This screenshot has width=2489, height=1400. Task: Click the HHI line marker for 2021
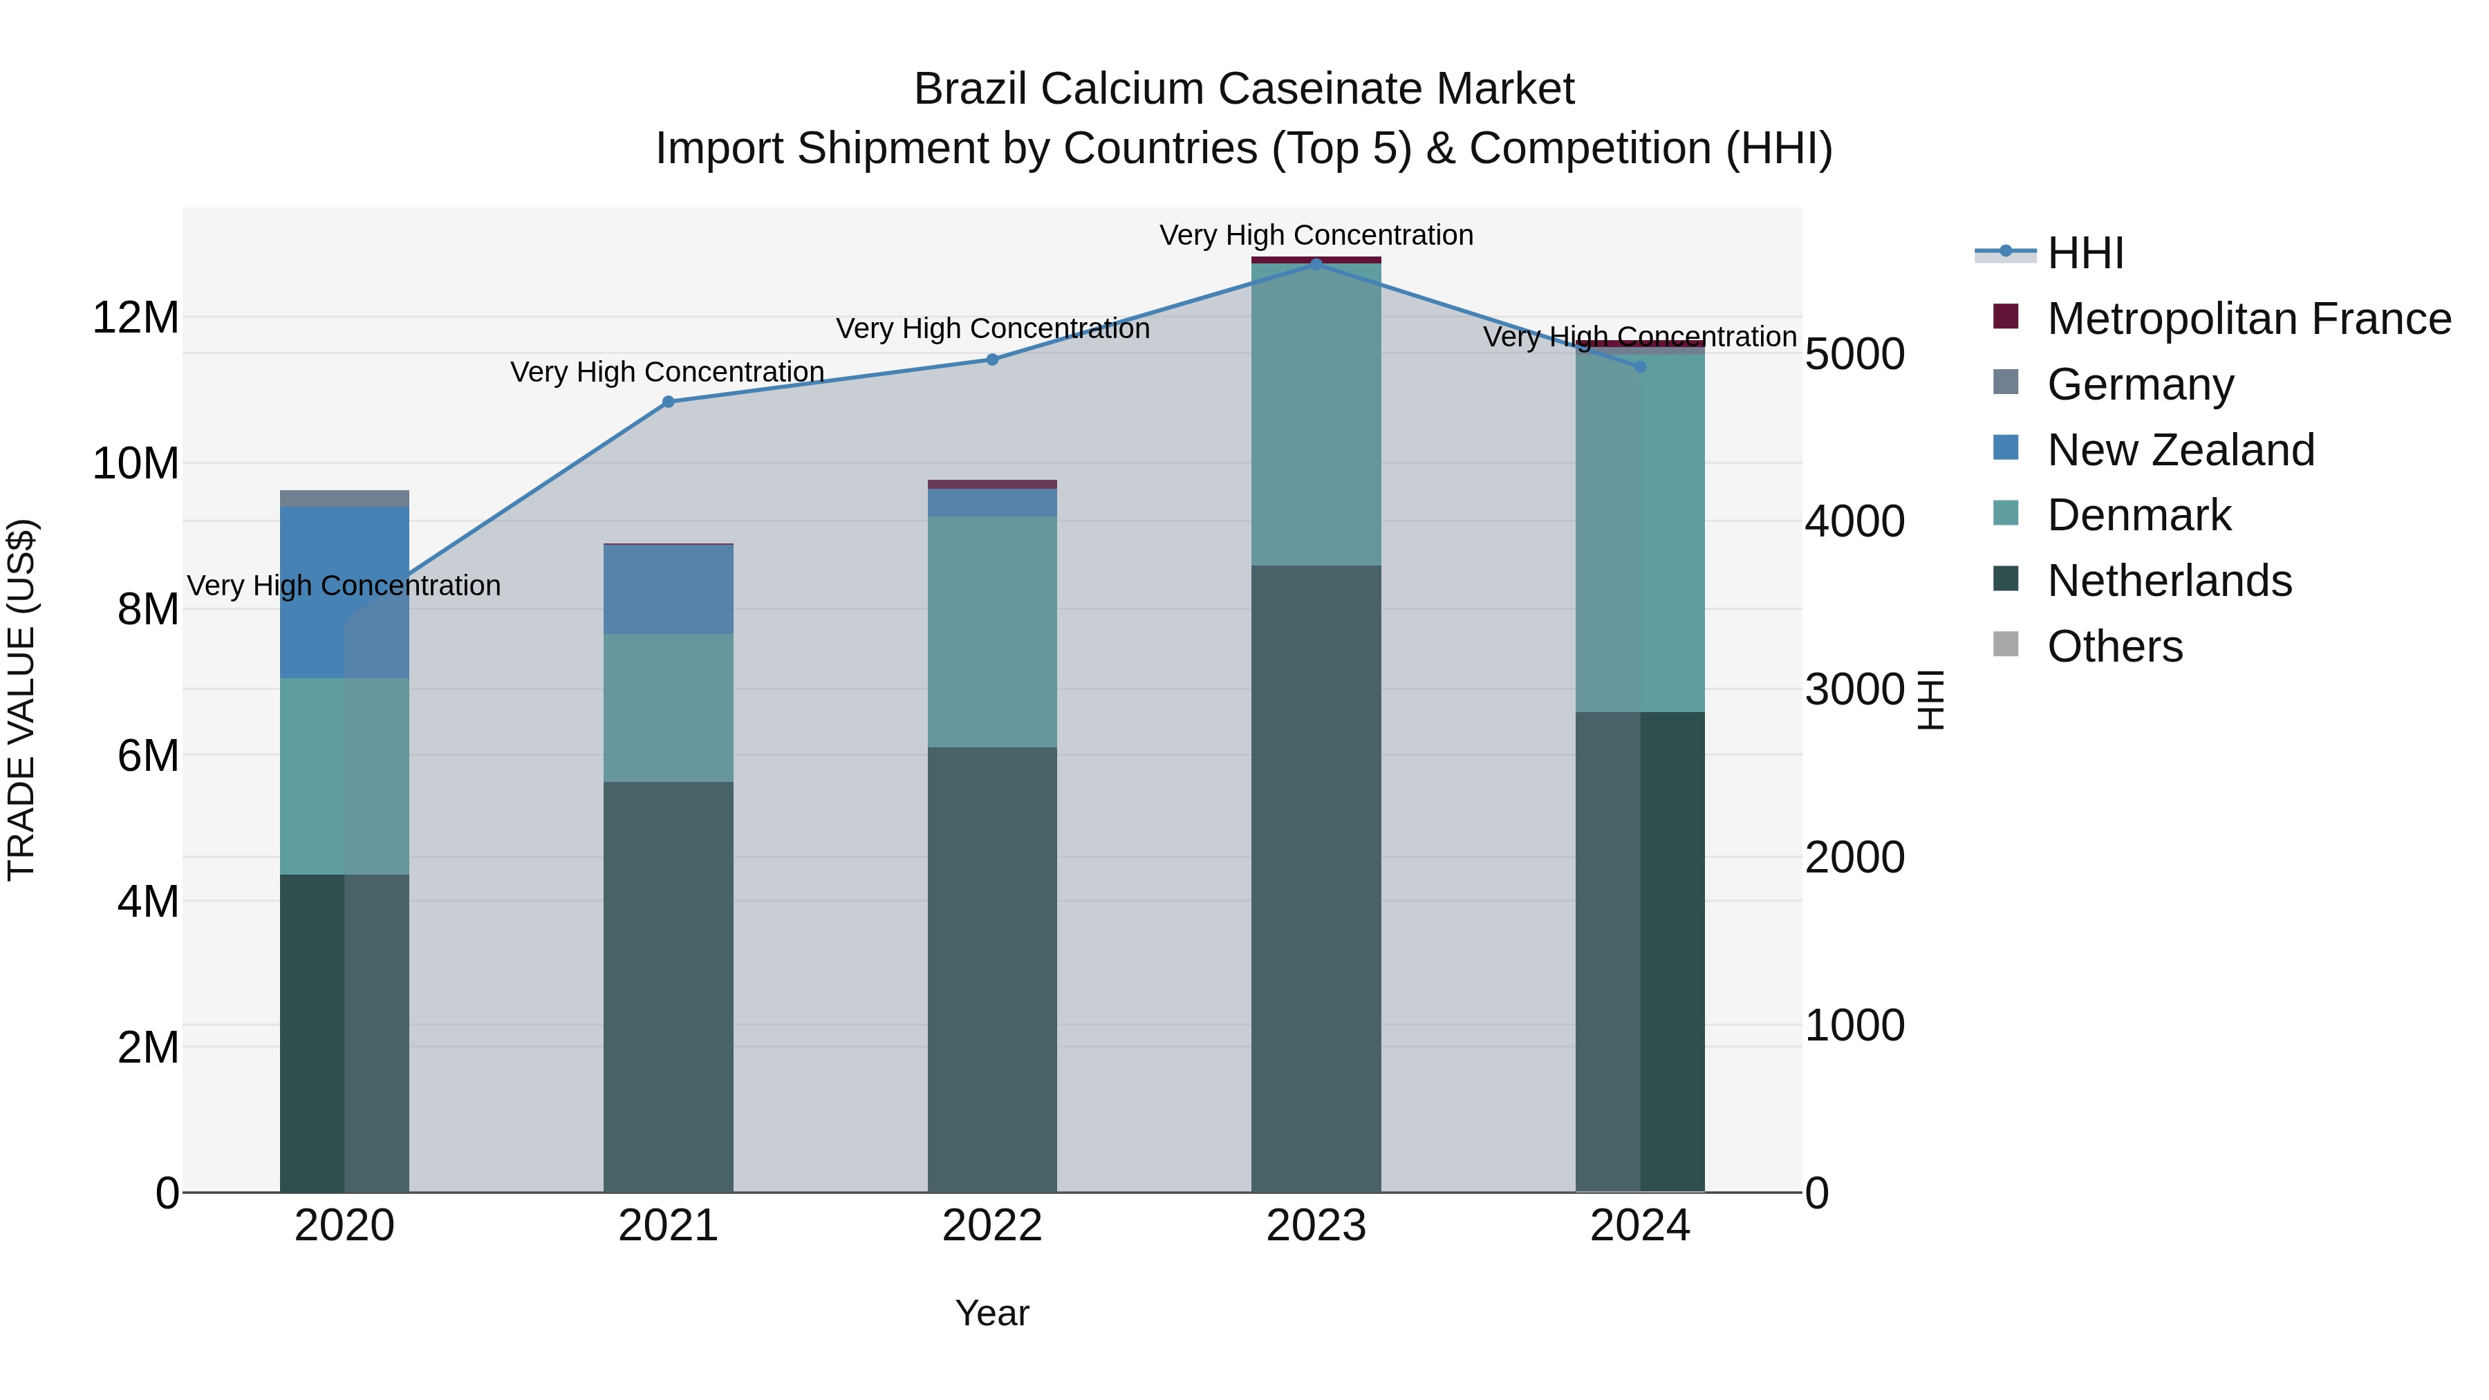[x=668, y=402]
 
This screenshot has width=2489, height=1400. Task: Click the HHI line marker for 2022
[x=991, y=360]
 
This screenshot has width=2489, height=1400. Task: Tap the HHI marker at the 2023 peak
[x=1316, y=264]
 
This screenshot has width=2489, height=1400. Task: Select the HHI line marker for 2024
[x=1640, y=367]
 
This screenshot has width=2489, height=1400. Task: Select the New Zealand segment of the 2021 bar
[x=668, y=589]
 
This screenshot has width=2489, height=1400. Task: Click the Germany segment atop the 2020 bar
[x=344, y=498]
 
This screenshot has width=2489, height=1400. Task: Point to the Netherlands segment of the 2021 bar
[x=668, y=985]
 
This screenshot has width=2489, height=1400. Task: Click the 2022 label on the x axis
[x=991, y=1226]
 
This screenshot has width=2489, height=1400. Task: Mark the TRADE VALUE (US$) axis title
[x=21, y=700]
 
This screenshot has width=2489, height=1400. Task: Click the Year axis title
[x=991, y=1313]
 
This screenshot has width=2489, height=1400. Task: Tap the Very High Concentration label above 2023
[x=1316, y=235]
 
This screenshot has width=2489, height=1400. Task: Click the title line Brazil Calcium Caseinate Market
[x=1244, y=89]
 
